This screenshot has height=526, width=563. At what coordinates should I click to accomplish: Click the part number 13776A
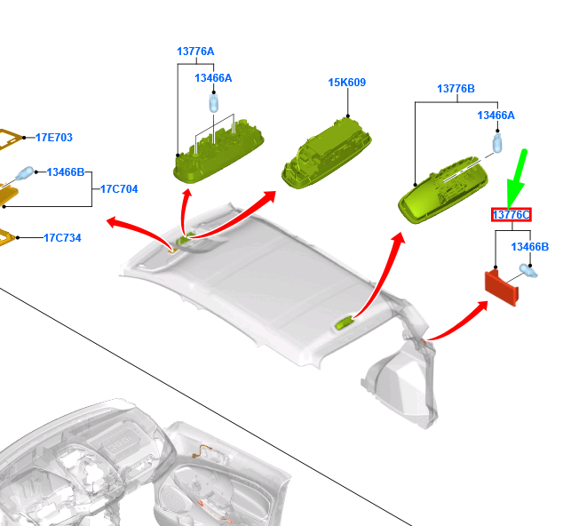[195, 52]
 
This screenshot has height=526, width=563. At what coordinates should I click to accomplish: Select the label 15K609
[347, 83]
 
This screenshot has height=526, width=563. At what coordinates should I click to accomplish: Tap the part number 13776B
[456, 88]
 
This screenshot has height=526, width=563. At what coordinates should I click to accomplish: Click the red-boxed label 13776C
[511, 215]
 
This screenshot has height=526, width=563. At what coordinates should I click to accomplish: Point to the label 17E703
[54, 137]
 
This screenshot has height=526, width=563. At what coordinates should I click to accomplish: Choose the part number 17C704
[119, 189]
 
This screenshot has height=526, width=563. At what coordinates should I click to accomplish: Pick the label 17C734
[62, 238]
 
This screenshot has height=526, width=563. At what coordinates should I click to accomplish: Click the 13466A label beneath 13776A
[213, 78]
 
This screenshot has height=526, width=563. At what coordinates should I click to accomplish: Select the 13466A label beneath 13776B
[496, 116]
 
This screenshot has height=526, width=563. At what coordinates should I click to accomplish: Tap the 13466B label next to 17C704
[66, 172]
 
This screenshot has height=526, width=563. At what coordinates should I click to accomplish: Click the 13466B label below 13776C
[530, 247]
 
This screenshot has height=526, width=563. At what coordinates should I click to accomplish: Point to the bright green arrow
[517, 179]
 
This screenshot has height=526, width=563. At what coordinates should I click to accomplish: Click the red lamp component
[502, 288]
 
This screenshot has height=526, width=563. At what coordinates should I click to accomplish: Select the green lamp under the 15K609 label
[327, 154]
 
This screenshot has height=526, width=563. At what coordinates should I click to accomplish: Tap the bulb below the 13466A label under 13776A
[214, 103]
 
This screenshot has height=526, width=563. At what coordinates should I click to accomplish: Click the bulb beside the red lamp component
[528, 271]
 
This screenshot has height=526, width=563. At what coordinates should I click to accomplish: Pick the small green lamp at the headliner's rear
[344, 323]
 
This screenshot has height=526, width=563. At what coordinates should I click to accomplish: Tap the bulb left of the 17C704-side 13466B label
[24, 174]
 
